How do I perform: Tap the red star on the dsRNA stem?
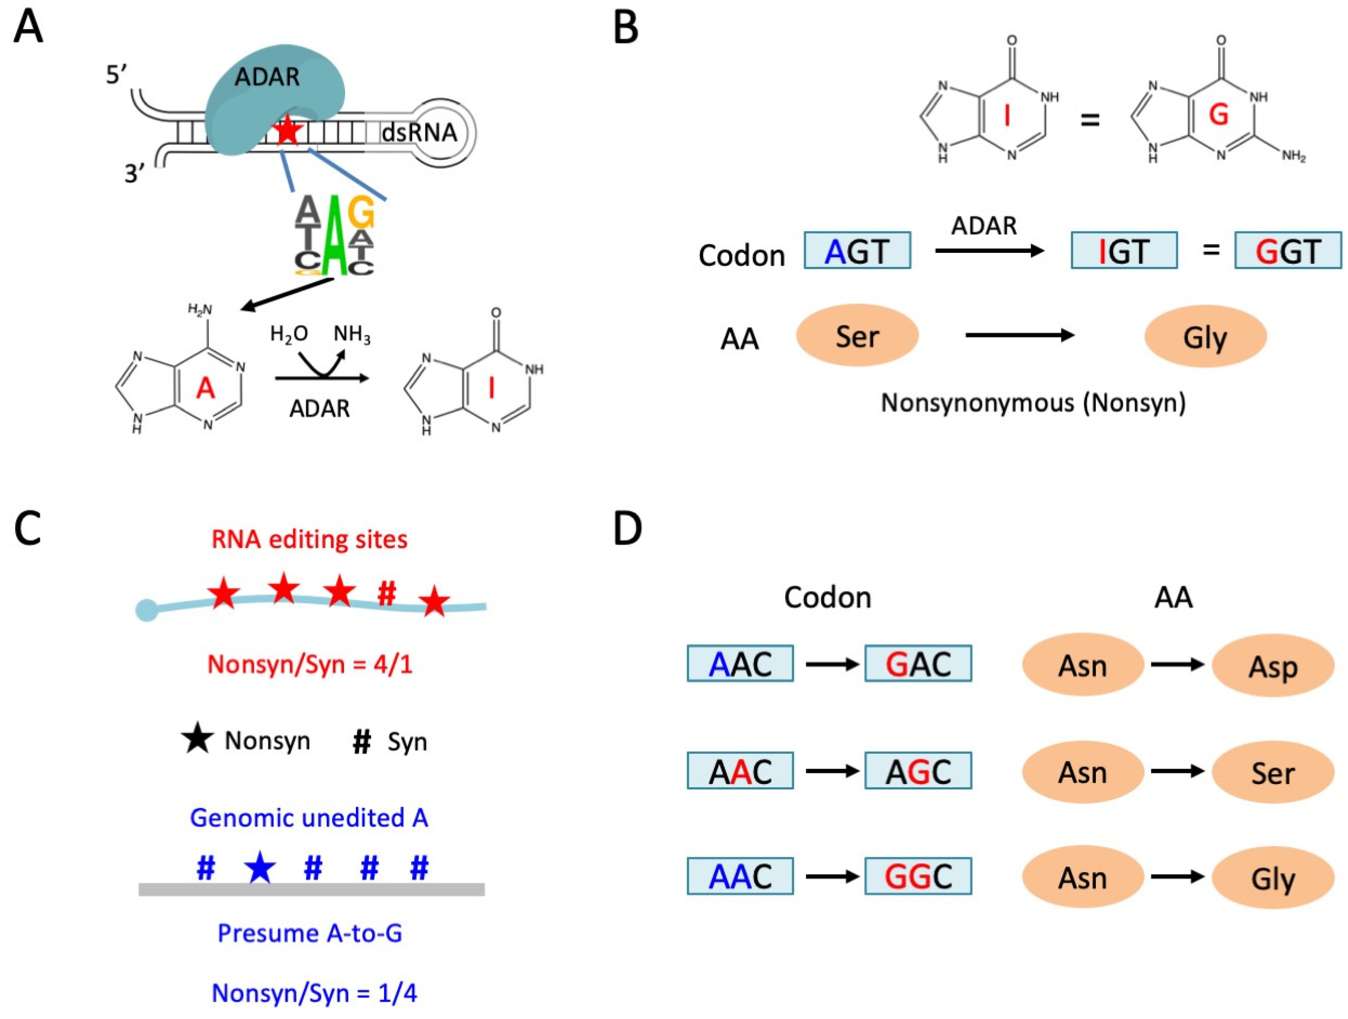click(x=287, y=131)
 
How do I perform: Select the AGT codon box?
click(x=857, y=250)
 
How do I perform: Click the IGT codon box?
click(x=1124, y=250)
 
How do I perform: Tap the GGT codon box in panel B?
click(x=1288, y=250)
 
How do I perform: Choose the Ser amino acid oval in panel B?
click(x=857, y=336)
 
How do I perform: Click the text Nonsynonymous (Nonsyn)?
click(x=1033, y=403)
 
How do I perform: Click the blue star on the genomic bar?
click(x=260, y=867)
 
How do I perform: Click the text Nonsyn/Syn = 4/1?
click(x=310, y=664)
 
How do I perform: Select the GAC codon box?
click(x=918, y=664)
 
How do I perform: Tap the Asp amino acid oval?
click(x=1273, y=665)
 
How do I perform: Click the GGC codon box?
click(x=918, y=876)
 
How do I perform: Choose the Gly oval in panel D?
click(x=1273, y=878)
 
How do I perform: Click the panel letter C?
click(x=28, y=529)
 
